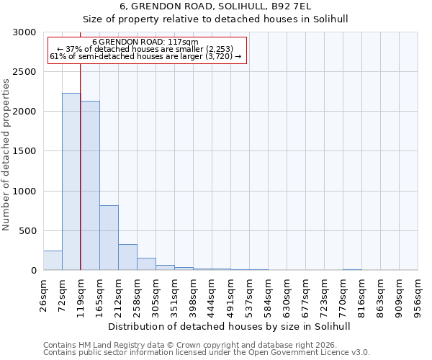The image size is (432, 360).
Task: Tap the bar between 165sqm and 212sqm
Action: coord(109,238)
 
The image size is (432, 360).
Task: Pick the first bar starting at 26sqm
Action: coord(53,260)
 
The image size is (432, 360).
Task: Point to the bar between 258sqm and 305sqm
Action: coord(146,264)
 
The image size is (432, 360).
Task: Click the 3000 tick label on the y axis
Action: coord(25,32)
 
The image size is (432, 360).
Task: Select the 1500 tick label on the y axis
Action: coord(25,151)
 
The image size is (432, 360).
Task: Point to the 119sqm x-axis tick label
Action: coord(81,294)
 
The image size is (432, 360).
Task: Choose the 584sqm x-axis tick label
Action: coord(268,294)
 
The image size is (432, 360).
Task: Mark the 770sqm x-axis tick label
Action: coord(343,294)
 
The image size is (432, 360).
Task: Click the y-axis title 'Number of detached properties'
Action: coord(6,155)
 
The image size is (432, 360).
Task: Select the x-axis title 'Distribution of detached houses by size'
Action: coord(230,326)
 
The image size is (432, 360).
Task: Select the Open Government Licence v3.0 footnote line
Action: coord(206,353)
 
